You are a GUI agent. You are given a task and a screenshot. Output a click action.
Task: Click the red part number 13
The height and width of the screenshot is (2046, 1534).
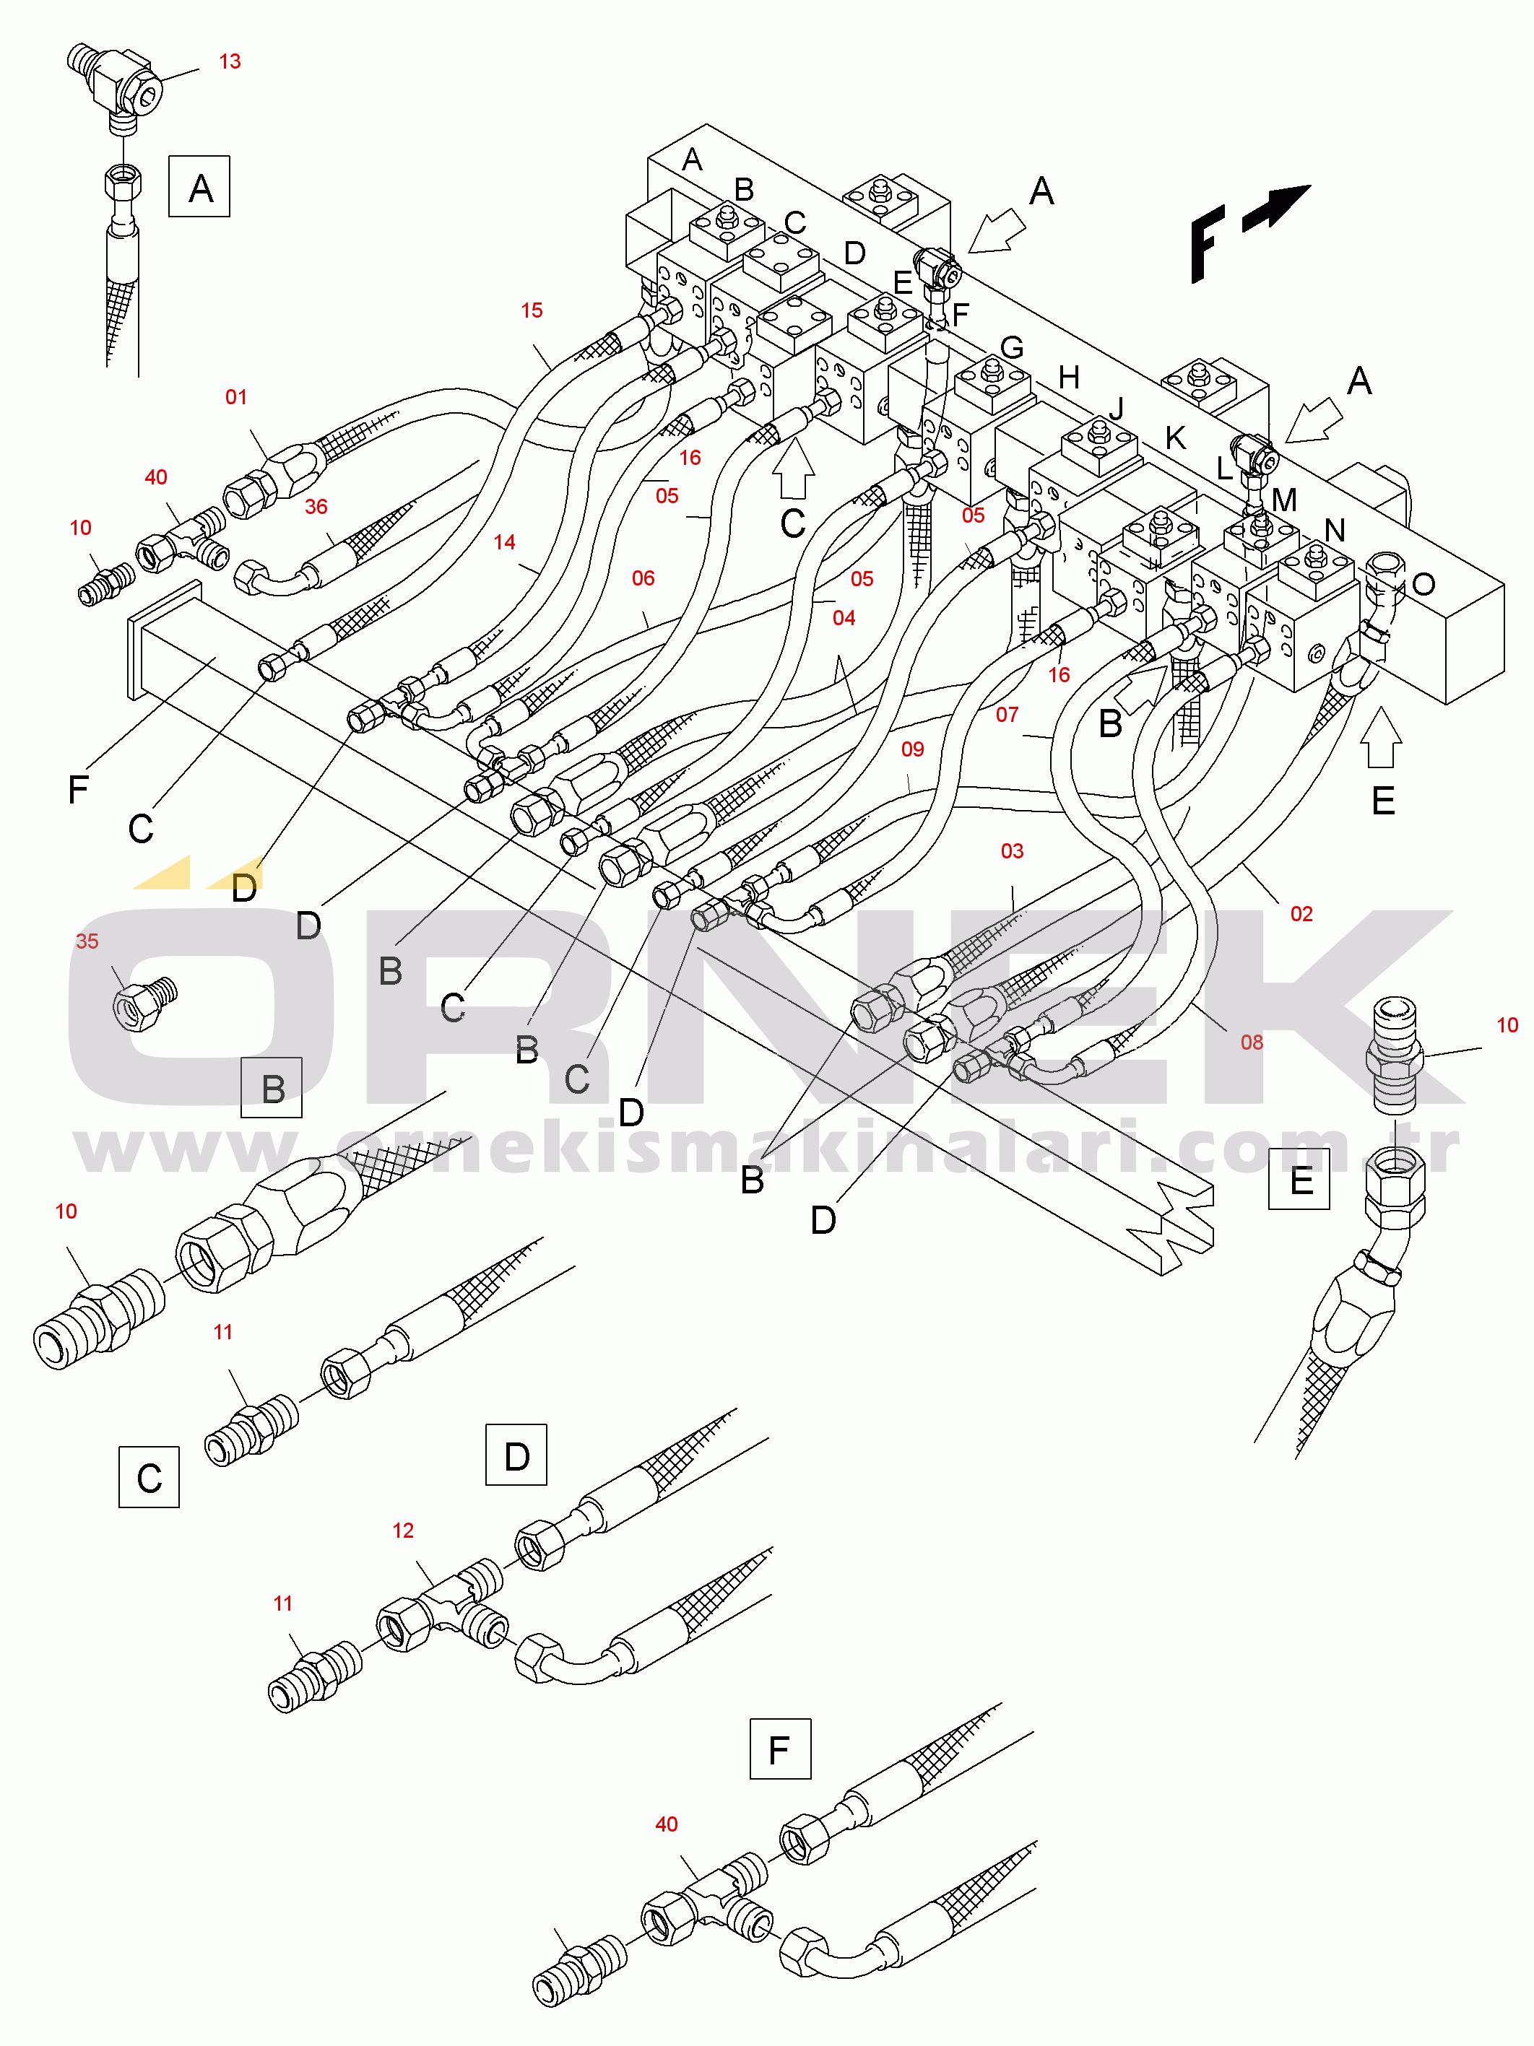pos(230,61)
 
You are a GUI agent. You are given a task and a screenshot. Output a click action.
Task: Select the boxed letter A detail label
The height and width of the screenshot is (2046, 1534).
pos(199,187)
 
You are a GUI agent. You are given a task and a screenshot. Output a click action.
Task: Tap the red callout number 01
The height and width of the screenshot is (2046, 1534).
pos(236,397)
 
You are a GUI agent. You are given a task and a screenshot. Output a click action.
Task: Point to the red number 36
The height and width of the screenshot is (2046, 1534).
pos(316,506)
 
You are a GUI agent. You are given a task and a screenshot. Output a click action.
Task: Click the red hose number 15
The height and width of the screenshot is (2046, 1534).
pos(531,310)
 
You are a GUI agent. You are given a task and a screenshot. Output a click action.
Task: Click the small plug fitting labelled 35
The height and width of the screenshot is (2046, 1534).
pos(144,1003)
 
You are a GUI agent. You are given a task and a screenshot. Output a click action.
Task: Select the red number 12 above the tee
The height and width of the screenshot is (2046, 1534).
pos(402,1530)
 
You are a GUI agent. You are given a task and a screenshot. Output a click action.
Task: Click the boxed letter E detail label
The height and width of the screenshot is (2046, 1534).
pos(1299,1180)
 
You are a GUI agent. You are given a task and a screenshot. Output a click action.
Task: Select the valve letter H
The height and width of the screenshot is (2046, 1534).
pos(1069,378)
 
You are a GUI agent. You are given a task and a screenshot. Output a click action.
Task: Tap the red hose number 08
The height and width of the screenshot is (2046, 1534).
pos(1252,1042)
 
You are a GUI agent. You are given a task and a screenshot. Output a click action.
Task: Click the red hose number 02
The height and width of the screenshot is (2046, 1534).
pos(1301,914)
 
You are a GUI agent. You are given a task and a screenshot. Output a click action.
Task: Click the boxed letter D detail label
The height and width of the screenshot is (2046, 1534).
pos(516,1455)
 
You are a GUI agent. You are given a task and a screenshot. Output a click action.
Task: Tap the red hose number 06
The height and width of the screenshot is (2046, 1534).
pos(643,578)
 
